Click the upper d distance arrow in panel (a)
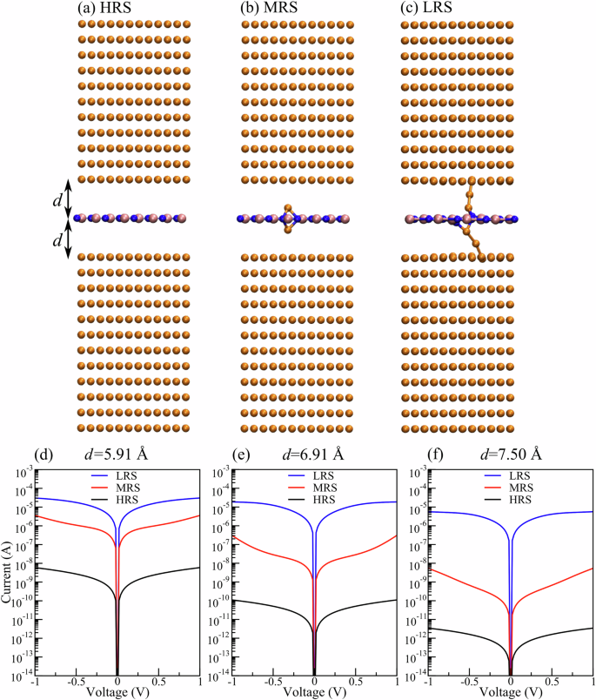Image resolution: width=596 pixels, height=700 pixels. [70, 198]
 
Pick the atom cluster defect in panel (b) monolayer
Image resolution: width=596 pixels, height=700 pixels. [287, 219]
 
